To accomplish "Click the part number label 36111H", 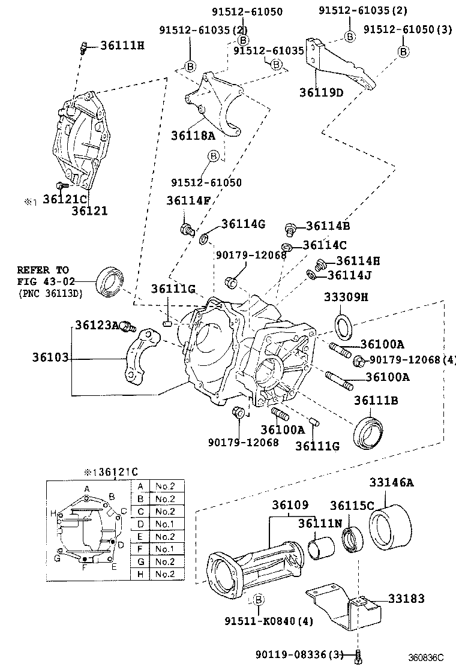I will pyautogui.click(x=122, y=45).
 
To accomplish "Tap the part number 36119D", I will pyautogui.click(x=322, y=92).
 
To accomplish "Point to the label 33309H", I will pyautogui.click(x=346, y=298).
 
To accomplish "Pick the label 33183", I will pyautogui.click(x=406, y=598).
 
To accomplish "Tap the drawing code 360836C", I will pyautogui.click(x=427, y=657).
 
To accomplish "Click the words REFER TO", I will pyautogui.click(x=43, y=270).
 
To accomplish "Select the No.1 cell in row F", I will pyautogui.click(x=164, y=549).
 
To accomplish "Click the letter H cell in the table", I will pyautogui.click(x=140, y=574).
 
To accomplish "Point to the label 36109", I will pyautogui.click(x=289, y=506).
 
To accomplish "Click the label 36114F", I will pyautogui.click(x=188, y=201).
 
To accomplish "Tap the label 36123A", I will pyautogui.click(x=97, y=325).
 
